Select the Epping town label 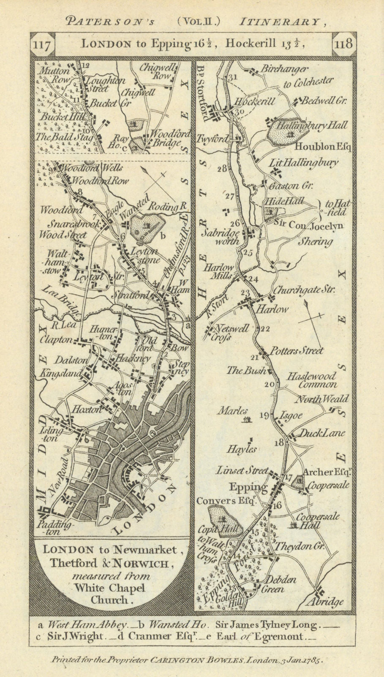[x=248, y=487]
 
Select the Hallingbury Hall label [x=312, y=125]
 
